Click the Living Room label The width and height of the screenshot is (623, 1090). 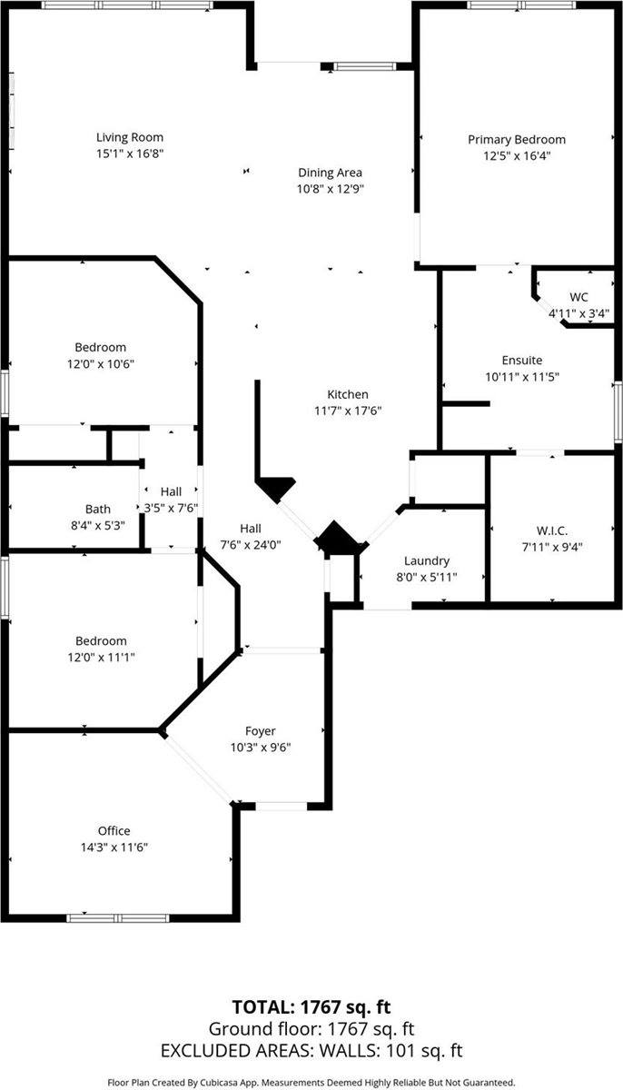point(130,138)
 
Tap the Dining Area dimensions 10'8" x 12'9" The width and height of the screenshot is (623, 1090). point(331,189)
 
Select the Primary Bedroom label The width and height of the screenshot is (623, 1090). point(516,140)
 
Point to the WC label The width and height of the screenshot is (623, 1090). point(578,297)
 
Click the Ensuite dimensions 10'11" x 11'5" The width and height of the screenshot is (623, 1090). point(521,376)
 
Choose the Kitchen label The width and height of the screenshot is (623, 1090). point(348,394)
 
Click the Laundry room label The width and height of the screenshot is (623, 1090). point(426,561)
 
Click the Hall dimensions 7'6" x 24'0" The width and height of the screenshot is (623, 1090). point(251,544)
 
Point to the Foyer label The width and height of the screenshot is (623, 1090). point(260,731)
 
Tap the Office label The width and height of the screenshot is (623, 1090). point(114,830)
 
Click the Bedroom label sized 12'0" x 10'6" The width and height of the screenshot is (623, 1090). point(100,347)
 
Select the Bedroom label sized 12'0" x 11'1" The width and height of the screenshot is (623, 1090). point(100,640)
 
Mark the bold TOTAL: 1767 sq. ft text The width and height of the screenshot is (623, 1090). point(311,1006)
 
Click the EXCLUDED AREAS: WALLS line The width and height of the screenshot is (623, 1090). point(311,1051)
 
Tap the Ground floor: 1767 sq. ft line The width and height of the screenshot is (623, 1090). point(311,1029)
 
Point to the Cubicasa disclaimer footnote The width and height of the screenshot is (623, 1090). point(311,1082)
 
